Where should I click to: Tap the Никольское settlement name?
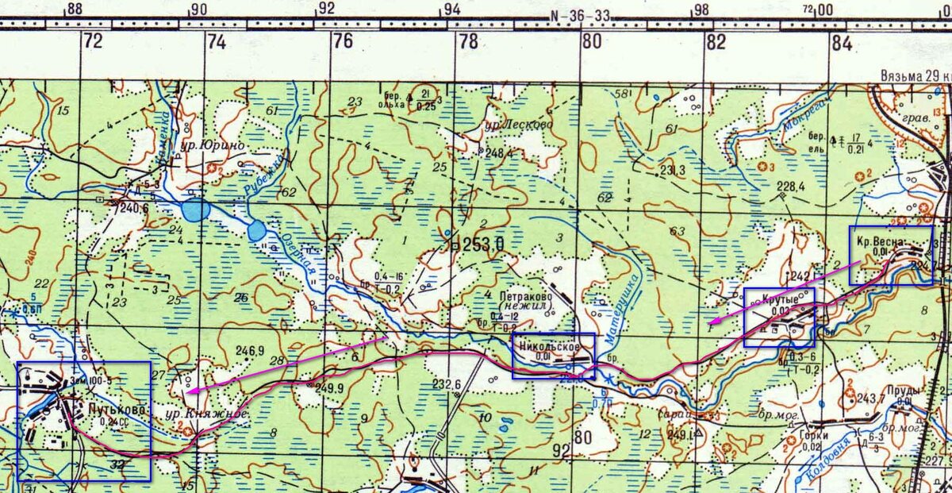[545, 346]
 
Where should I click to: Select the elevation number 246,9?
[249, 349]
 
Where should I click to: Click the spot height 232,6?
[447, 384]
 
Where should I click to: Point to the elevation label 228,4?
[790, 187]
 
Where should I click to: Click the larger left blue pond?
[195, 210]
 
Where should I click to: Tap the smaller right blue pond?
[256, 231]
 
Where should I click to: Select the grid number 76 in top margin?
[343, 43]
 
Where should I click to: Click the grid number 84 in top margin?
[842, 43]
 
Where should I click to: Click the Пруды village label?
[903, 391]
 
